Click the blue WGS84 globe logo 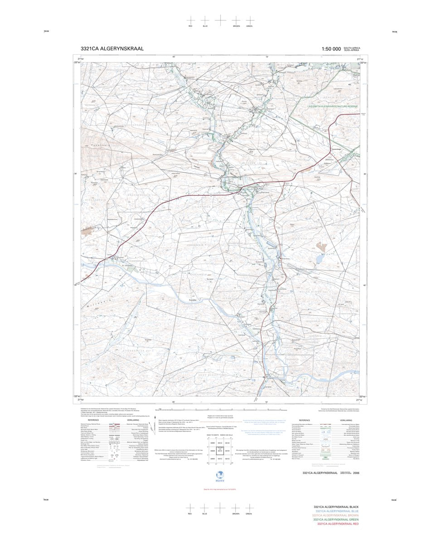point(220,474)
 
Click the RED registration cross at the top point(191,20)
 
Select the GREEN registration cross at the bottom point(249,508)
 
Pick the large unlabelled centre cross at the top point(220,20)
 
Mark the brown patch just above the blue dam point(321,246)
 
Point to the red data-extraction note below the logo point(220,488)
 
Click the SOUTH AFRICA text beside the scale point(352,48)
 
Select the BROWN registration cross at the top point(236,20)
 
